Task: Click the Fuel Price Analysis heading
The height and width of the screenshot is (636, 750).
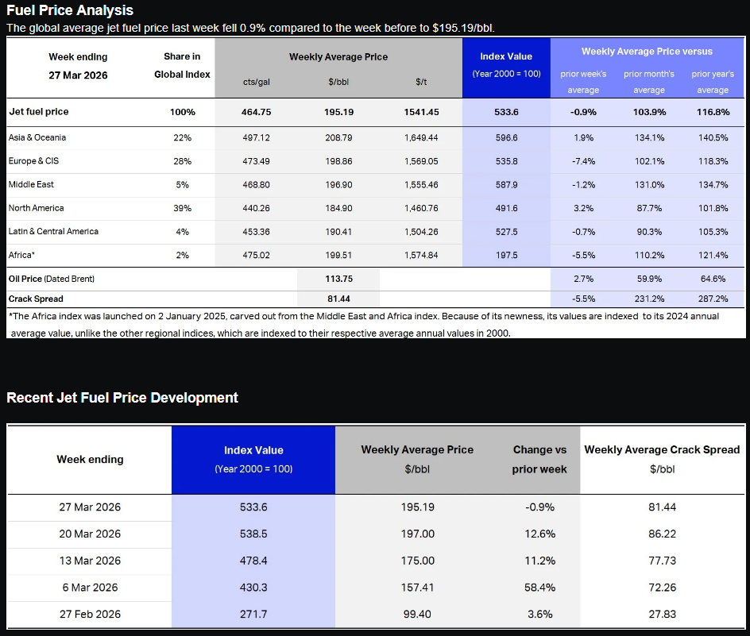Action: point(70,10)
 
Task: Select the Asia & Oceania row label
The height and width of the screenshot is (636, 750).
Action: point(37,137)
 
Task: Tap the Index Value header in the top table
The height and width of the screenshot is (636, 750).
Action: point(506,56)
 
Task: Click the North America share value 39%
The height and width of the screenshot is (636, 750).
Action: point(182,208)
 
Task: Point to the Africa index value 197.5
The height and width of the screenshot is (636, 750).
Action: point(506,255)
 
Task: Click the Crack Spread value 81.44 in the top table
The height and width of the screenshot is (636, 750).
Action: point(338,299)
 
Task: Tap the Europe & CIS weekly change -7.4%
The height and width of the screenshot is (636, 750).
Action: point(582,161)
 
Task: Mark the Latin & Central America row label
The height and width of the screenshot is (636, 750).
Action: point(53,231)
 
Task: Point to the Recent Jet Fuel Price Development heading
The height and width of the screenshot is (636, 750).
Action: point(122,398)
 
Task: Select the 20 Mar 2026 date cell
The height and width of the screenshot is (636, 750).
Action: point(90,534)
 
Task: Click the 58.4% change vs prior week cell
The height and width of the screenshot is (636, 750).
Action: point(539,588)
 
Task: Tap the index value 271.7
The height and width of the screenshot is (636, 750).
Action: point(253,615)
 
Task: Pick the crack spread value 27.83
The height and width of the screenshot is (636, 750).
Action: point(662,615)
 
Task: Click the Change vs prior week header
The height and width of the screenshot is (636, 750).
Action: point(539,459)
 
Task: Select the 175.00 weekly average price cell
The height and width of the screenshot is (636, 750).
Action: point(417,561)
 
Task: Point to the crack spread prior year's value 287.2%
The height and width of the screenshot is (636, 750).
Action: point(712,299)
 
